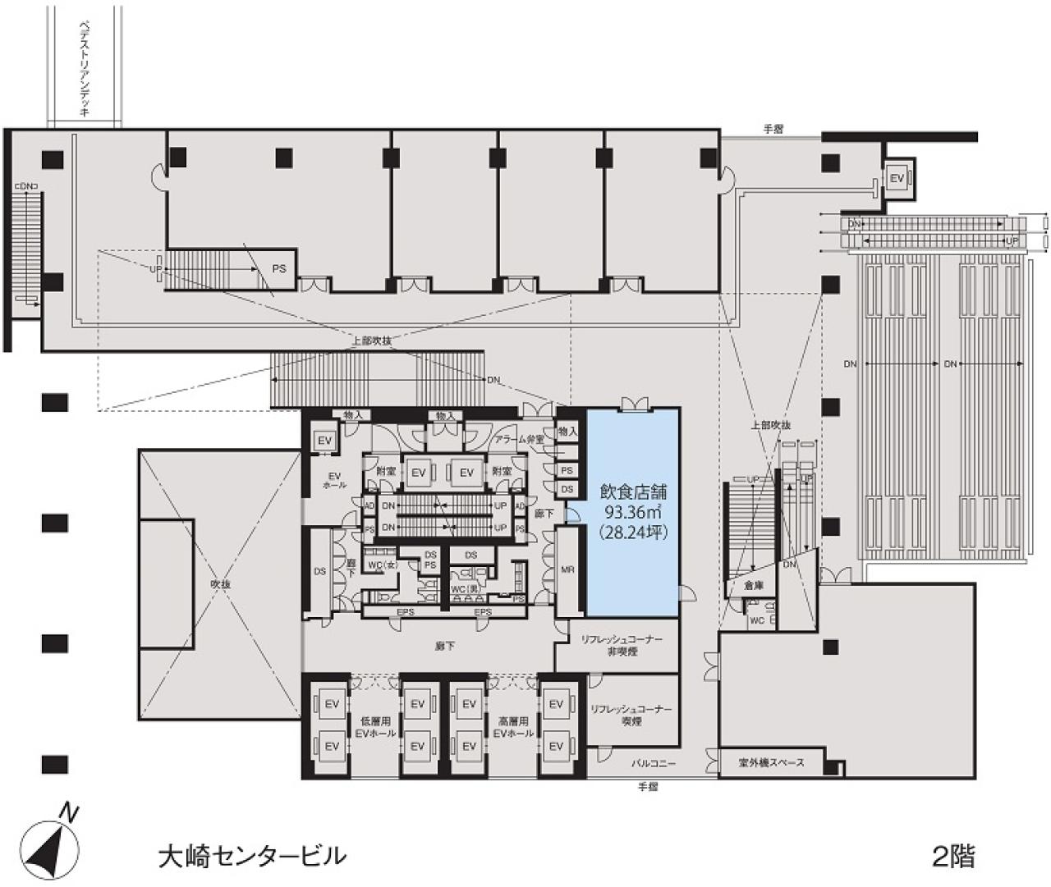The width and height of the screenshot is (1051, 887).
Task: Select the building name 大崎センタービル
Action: (251, 857)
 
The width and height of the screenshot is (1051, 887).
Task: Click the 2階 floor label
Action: (953, 857)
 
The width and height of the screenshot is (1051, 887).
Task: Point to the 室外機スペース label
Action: (771, 763)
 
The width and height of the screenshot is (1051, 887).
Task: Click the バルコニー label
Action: (654, 763)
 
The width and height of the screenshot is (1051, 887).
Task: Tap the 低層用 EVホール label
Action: (374, 727)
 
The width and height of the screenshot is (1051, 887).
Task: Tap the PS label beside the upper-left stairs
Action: (279, 268)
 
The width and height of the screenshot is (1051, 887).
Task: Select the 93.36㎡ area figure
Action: (631, 513)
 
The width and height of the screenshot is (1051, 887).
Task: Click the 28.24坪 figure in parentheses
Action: (631, 532)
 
